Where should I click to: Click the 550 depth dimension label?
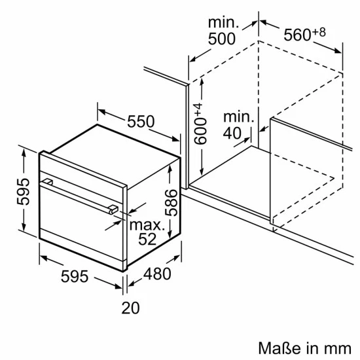(140, 121)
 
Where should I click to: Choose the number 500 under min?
(221, 39)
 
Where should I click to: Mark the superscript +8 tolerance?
(319, 30)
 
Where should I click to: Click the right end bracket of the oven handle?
(113, 209)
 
